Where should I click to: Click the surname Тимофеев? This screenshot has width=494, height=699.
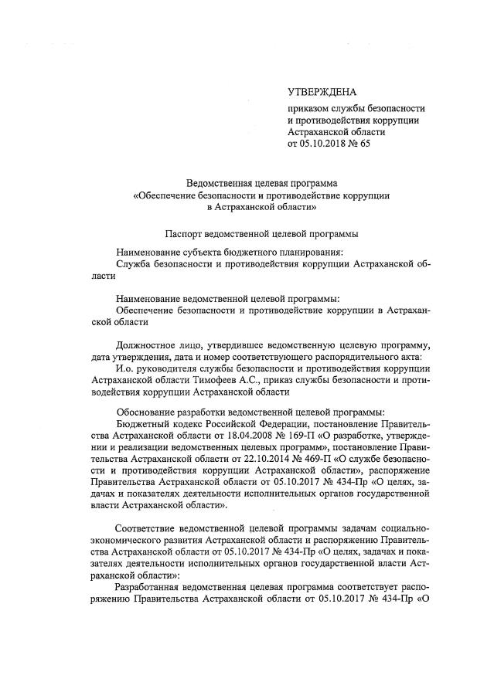(213, 380)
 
